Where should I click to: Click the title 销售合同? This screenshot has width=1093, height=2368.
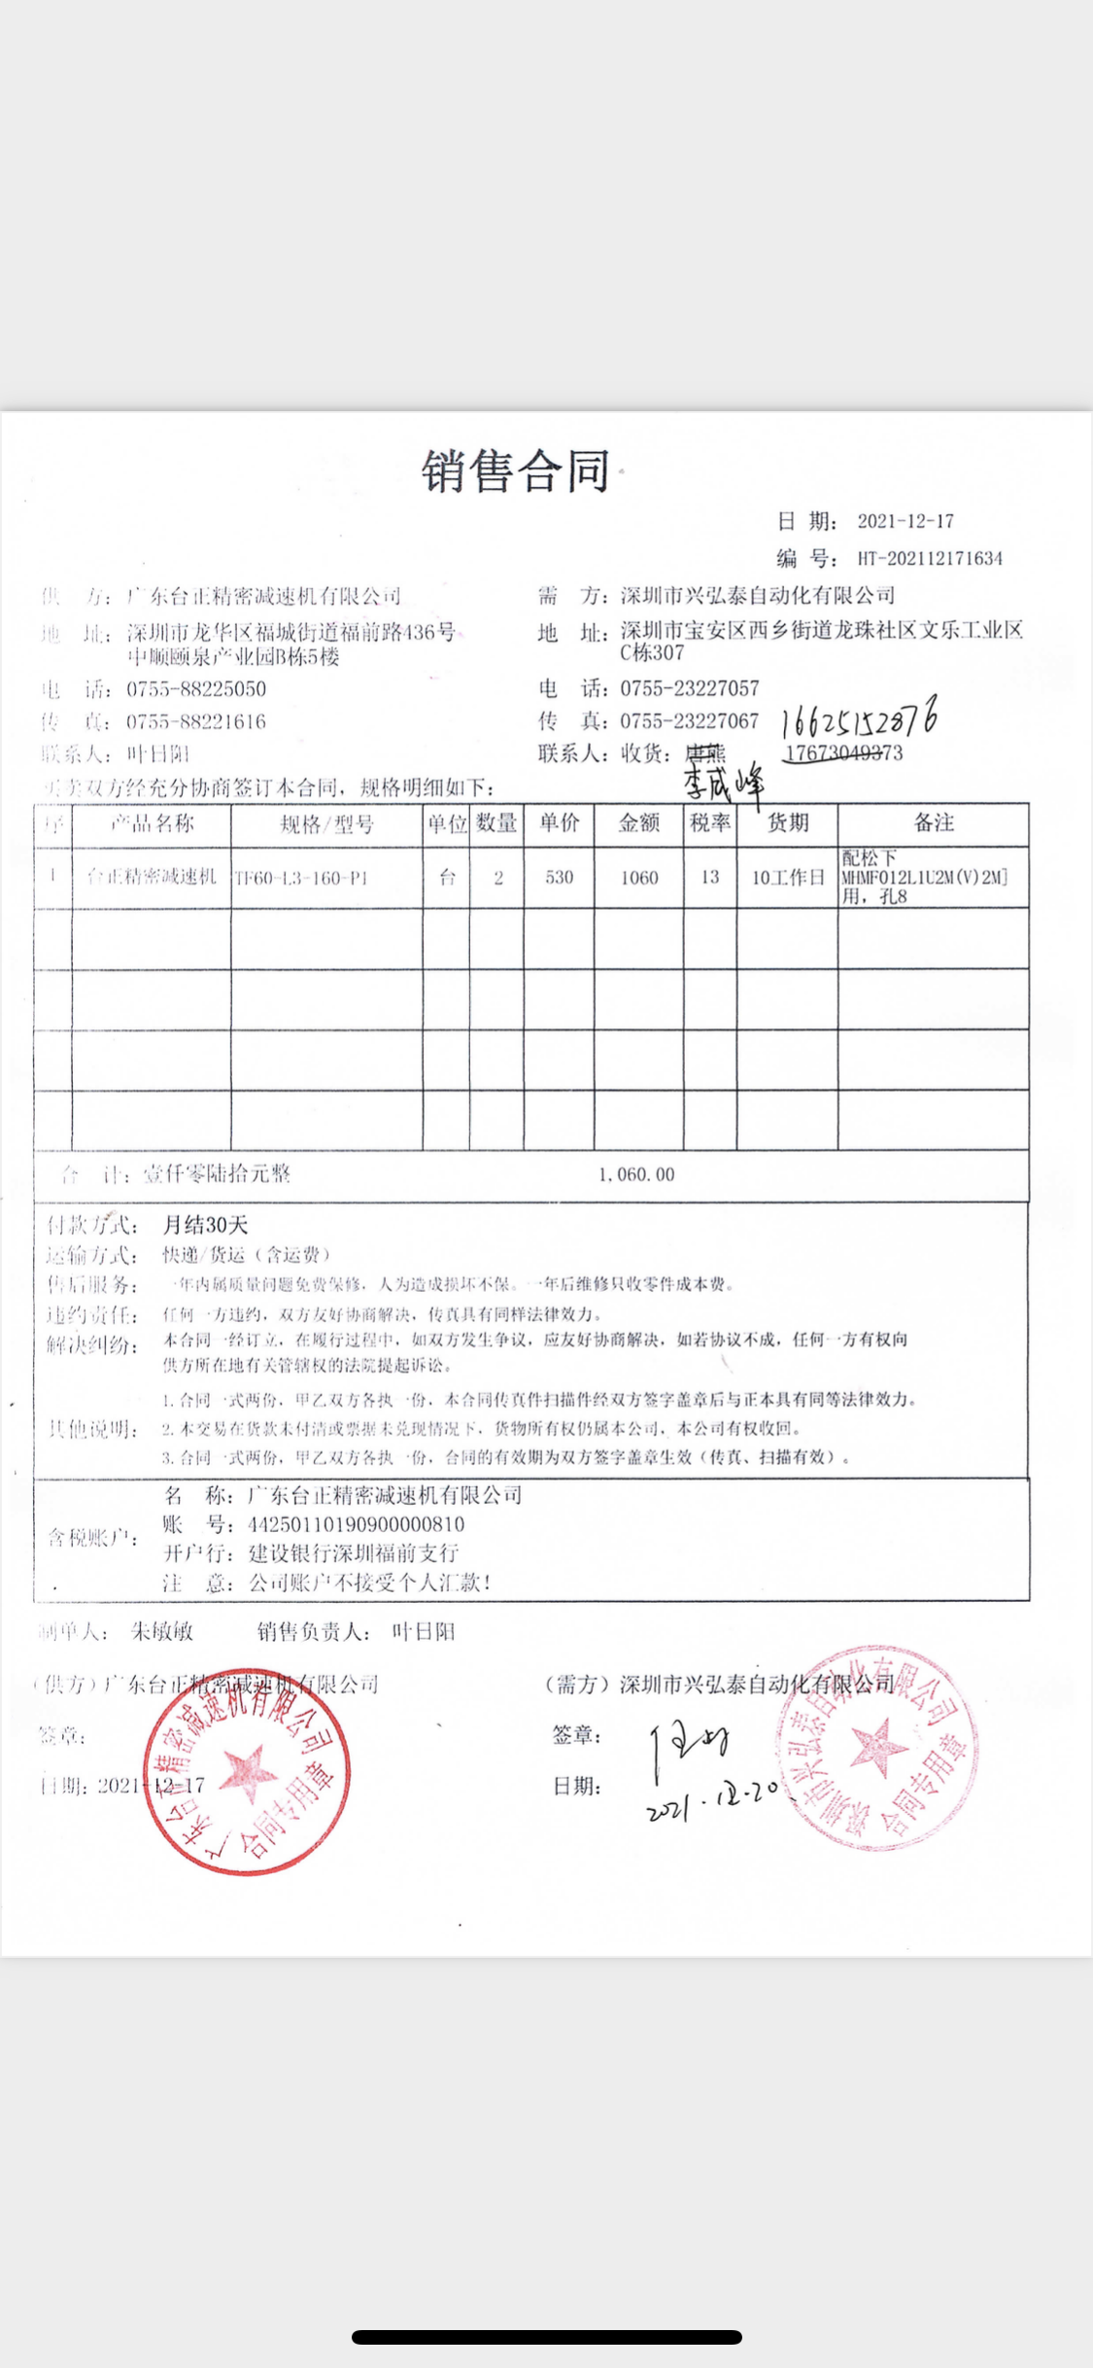click(516, 471)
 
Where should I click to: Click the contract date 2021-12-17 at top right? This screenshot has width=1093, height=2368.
click(905, 521)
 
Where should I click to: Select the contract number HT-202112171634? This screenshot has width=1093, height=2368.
click(930, 558)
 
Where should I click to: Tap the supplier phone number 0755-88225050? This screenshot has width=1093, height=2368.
click(196, 689)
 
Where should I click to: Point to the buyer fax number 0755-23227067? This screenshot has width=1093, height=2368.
click(690, 721)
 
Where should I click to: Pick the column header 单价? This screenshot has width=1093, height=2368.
click(559, 823)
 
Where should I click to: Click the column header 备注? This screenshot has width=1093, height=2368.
click(933, 823)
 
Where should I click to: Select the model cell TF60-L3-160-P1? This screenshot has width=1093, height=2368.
click(301, 878)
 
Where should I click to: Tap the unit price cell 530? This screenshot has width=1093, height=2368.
click(559, 878)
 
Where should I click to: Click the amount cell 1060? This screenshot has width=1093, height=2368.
click(639, 878)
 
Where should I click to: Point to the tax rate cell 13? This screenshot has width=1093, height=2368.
click(710, 878)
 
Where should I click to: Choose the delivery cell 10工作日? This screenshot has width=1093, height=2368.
click(787, 878)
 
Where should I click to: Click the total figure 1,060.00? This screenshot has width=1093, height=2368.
click(636, 1174)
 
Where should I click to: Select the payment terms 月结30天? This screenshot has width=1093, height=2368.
click(205, 1225)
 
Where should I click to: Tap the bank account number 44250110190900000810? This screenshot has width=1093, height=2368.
click(357, 1524)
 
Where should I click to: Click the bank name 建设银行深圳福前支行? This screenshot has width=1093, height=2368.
click(354, 1553)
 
